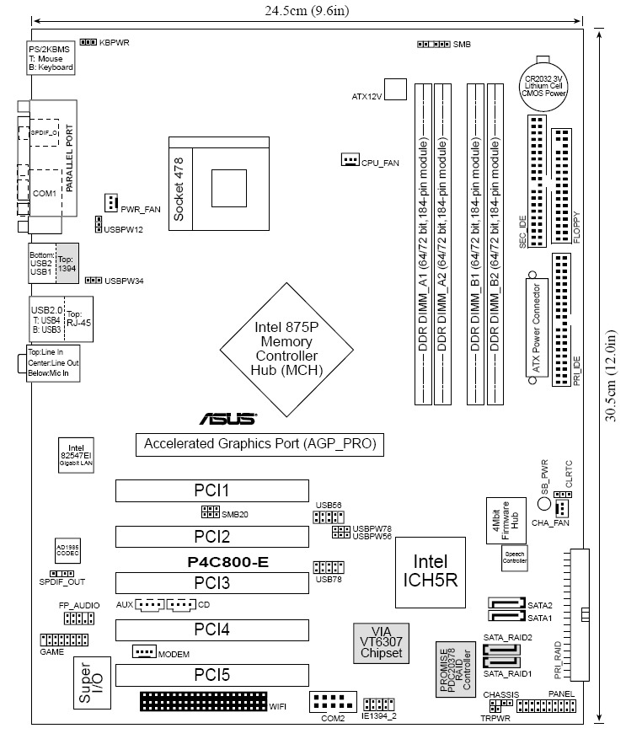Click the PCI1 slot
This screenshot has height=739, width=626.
click(211, 490)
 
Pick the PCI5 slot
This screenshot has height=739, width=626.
click(211, 676)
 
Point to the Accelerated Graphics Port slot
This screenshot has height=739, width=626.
click(259, 444)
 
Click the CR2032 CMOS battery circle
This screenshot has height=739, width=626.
click(548, 82)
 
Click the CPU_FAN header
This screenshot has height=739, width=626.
click(350, 160)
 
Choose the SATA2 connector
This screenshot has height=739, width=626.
click(506, 604)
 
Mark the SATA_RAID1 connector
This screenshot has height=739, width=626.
click(506, 663)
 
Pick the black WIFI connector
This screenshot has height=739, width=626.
click(202, 701)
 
